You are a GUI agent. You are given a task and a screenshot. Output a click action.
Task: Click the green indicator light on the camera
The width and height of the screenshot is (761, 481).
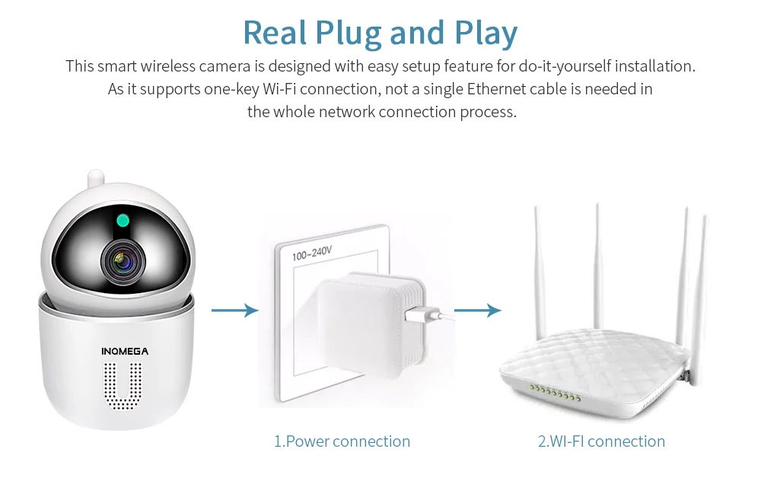[123, 221]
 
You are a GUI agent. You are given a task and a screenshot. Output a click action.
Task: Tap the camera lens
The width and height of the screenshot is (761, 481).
[123, 262]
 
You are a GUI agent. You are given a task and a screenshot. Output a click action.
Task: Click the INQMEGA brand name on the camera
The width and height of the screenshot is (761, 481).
[125, 352]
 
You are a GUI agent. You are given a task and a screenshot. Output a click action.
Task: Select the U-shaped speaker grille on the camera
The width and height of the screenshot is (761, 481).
[123, 387]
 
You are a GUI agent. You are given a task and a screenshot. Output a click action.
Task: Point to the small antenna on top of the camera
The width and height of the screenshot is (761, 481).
[96, 178]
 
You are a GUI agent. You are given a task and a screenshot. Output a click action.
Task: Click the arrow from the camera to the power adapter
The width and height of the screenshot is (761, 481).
[235, 311]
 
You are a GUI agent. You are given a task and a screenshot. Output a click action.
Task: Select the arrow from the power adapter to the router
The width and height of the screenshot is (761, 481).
[478, 311]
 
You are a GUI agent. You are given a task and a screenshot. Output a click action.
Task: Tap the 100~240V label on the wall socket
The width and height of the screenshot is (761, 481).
[312, 253]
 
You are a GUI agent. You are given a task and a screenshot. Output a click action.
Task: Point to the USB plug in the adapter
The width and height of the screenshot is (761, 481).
[422, 314]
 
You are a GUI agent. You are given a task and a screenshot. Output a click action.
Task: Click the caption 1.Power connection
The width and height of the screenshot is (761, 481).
[342, 441]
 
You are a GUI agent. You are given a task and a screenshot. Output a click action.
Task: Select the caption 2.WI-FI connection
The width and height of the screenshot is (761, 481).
[601, 441]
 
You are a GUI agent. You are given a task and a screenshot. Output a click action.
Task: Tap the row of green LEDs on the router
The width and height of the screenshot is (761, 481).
[556, 393]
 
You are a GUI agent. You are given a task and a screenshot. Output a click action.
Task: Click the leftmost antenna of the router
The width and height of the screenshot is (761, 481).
[539, 272]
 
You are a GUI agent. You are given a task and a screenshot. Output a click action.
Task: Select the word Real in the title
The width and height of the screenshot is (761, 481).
[275, 33]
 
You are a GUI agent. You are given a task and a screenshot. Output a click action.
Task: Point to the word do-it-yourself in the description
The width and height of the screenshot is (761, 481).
[565, 66]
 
